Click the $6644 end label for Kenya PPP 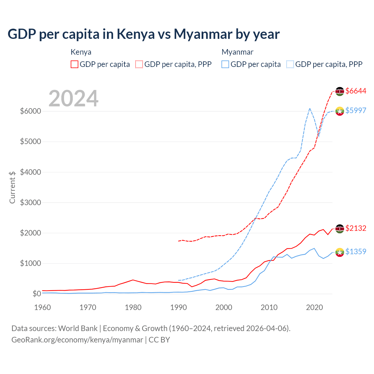pyautogui.click(x=356, y=91)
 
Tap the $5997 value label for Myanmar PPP pyautogui.click(x=356, y=110)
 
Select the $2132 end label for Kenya pyautogui.click(x=356, y=228)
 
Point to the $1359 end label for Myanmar pyautogui.click(x=356, y=252)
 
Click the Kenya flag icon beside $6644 pyautogui.click(x=340, y=91)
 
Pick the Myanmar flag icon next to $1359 pyautogui.click(x=340, y=252)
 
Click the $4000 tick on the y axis pyautogui.click(x=30, y=172)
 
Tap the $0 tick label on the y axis pyautogui.click(x=37, y=294)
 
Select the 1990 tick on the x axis pyautogui.click(x=179, y=307)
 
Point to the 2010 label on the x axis pyautogui.click(x=269, y=307)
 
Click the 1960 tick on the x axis pyautogui.click(x=43, y=307)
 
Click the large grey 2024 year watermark pyautogui.click(x=73, y=98)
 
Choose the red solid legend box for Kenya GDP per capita pyautogui.click(x=75, y=64)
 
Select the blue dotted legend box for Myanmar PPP pyautogui.click(x=290, y=64)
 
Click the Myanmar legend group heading pyautogui.click(x=237, y=52)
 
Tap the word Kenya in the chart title pyautogui.click(x=136, y=34)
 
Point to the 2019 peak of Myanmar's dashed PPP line pyautogui.click(x=310, y=108)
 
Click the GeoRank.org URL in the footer pyautogui.click(x=77, y=340)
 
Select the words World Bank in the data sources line pyautogui.click(x=78, y=328)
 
